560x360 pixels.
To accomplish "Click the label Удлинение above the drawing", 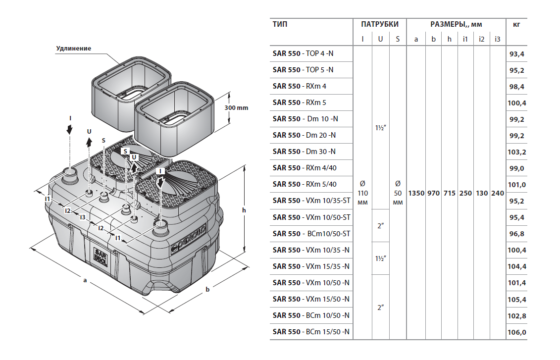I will coord(74,48).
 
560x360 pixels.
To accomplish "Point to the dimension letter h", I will coord(244,210).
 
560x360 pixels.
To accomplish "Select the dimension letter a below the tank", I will coord(85,281).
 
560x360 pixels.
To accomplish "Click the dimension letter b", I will coord(208,289).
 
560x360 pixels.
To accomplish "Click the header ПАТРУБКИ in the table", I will coord(380,24).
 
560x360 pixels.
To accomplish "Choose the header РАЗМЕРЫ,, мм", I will coord(456,24).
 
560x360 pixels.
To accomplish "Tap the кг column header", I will coord(516,24).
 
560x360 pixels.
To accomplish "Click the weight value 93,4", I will coord(516,54).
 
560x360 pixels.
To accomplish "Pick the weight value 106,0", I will coord(516,332).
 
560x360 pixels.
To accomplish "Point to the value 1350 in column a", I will coord(416,193).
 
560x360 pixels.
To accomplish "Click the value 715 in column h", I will coord(449,193).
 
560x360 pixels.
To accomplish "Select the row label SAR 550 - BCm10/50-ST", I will coord(311,233).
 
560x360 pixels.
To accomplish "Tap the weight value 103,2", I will coord(516,152).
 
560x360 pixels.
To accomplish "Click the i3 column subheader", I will coord(497,39).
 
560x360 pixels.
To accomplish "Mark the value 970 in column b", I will coord(433,193).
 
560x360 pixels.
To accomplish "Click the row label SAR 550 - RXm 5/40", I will coord(305,184).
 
